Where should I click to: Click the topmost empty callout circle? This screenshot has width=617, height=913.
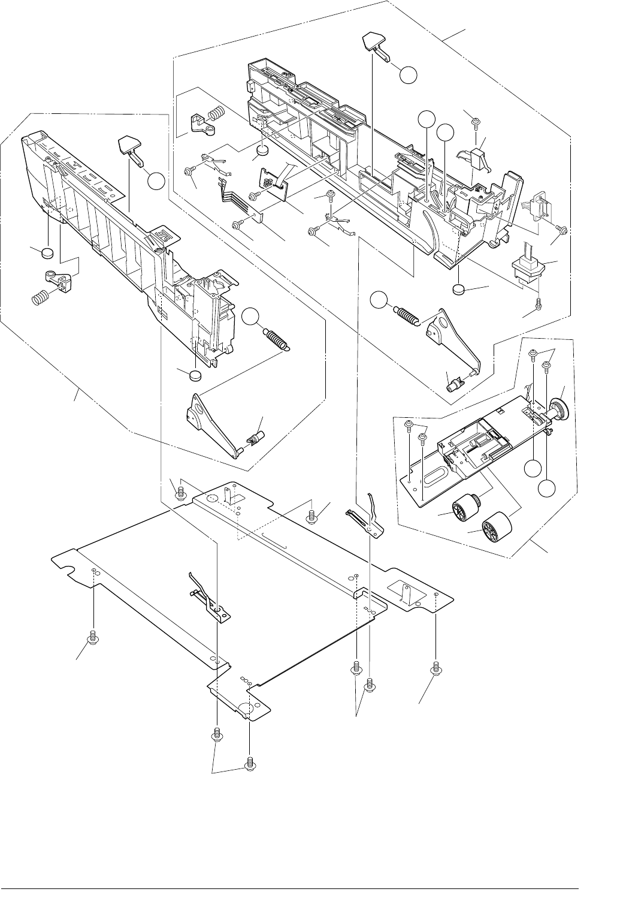[x=408, y=75]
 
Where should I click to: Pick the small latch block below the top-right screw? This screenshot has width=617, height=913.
[x=479, y=156]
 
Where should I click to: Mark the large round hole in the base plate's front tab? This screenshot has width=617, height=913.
[x=247, y=707]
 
